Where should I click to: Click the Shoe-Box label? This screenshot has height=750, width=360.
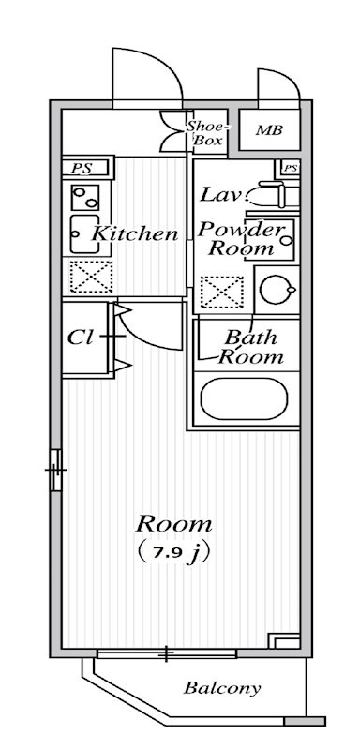[204, 133]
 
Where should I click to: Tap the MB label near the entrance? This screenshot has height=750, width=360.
[269, 131]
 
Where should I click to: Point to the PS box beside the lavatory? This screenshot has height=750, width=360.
[290, 169]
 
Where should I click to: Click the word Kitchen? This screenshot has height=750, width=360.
[135, 234]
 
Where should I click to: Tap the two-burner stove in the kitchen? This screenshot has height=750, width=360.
[85, 198]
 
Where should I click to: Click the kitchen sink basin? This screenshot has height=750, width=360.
[79, 234]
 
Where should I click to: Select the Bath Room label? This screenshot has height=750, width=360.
[250, 347]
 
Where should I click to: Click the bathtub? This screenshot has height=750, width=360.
[245, 400]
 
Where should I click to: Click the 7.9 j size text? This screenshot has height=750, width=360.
[174, 552]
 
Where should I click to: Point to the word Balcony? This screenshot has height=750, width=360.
[221, 689]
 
